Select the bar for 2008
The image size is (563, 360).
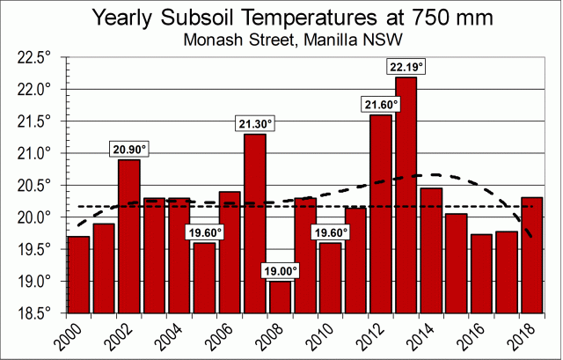pyautogui.click(x=280, y=297)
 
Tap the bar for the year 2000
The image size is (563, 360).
pyautogui.click(x=78, y=274)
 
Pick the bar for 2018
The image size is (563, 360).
pyautogui.click(x=531, y=254)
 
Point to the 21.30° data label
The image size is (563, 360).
pyautogui.click(x=254, y=123)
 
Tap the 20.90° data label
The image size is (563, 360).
pyautogui.click(x=128, y=149)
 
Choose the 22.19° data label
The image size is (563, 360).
pyautogui.click(x=406, y=66)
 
